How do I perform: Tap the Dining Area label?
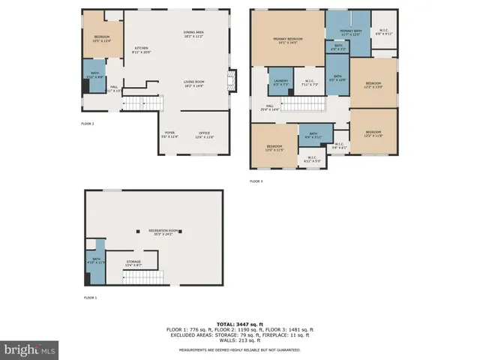click(194, 34)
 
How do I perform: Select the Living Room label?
click(194, 83)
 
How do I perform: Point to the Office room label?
click(205, 136)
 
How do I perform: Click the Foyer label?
click(171, 136)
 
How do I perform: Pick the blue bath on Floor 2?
click(94, 75)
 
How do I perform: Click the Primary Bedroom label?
click(287, 40)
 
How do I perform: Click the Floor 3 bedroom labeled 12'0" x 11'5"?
click(274, 148)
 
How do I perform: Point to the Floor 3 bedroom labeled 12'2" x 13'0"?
click(373, 85)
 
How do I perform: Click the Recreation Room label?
click(160, 232)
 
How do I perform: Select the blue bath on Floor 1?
click(94, 262)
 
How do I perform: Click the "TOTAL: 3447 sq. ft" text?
click(240, 324)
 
